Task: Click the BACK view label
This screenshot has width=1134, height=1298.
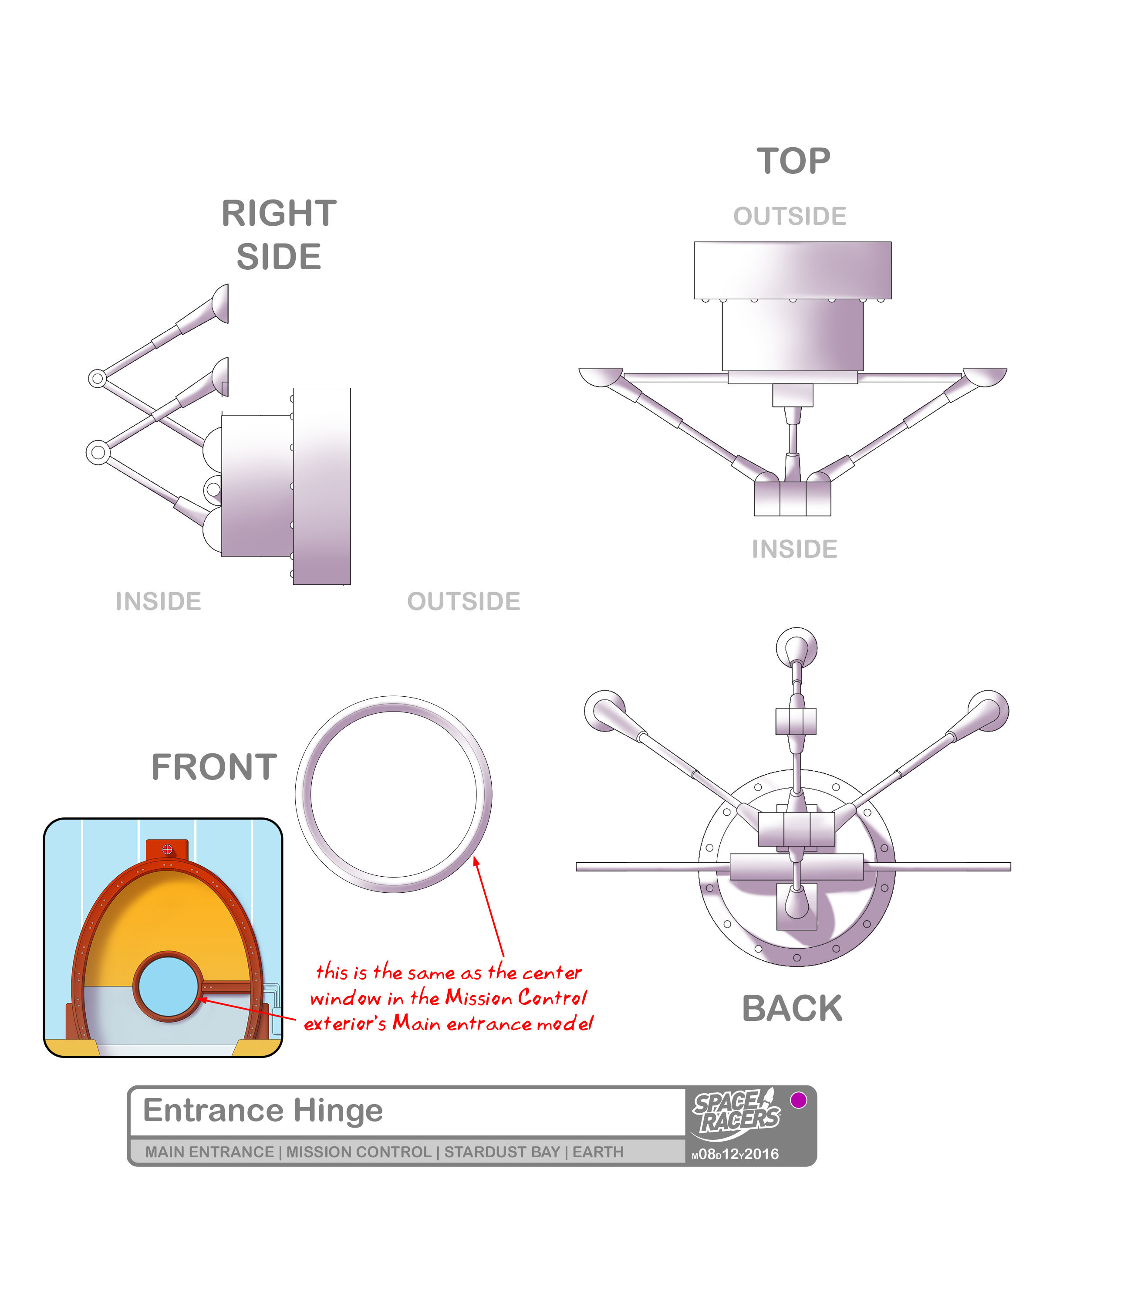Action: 792,1008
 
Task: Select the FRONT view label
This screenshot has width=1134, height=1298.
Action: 214,767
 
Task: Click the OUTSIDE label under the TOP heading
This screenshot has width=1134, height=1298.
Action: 790,216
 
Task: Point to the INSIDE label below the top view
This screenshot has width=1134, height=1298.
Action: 794,549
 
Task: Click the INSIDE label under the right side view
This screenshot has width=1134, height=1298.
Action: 158,601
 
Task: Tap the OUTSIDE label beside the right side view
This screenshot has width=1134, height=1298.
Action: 464,601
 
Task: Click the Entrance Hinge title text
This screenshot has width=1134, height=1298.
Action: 263,1110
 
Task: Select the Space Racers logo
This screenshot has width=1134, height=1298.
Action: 736,1115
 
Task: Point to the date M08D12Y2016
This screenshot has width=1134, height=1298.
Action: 736,1154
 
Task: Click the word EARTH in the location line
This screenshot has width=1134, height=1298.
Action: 598,1152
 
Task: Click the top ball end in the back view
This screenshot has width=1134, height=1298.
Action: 796,648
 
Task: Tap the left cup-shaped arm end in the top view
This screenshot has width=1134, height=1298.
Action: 601,377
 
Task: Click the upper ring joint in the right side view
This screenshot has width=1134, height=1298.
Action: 97,379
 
